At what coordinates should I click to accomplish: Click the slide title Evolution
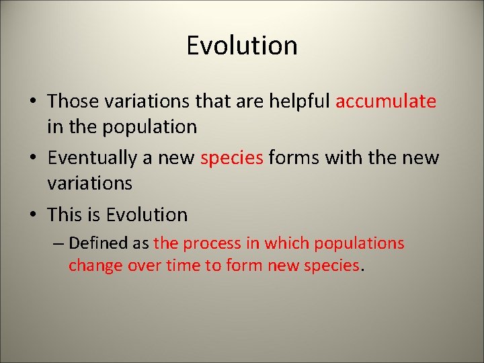[241, 46]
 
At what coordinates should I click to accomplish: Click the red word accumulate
[385, 102]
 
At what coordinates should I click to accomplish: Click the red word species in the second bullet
[232, 159]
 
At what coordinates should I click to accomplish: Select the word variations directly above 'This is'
[89, 183]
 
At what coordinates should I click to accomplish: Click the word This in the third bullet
[65, 215]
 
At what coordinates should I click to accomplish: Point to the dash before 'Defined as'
[58, 243]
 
